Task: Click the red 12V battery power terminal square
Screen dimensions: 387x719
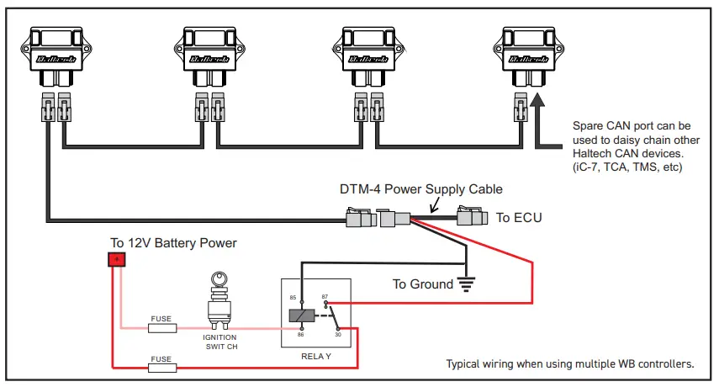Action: (116, 260)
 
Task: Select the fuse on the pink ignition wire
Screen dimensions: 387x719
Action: (161, 328)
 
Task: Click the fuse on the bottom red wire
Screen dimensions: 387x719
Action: (161, 367)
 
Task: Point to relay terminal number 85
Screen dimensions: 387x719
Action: (293, 298)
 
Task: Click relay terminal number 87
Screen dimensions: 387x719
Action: (325, 297)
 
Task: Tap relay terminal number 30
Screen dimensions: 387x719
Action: (336, 334)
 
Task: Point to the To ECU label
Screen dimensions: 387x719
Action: (519, 218)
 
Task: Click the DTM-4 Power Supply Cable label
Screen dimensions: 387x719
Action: (420, 189)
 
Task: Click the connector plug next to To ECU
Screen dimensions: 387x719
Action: (471, 217)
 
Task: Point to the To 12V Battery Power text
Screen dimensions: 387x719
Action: (173, 243)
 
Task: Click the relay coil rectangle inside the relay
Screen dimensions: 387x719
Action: (302, 315)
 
